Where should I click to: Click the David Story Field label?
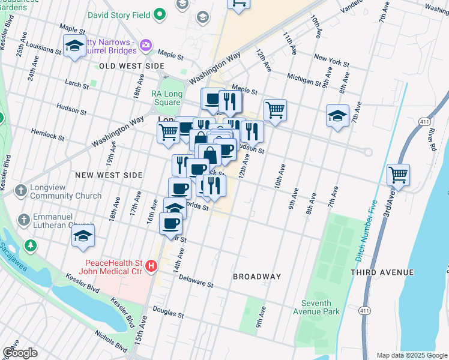tap(118, 14)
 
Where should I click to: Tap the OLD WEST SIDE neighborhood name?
tap(131, 65)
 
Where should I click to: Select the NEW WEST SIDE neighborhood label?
tap(109, 175)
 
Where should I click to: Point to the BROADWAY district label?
tap(257, 277)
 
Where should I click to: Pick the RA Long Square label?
tap(166, 98)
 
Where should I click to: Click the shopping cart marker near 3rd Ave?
tap(398, 175)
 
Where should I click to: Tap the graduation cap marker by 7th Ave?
tap(337, 115)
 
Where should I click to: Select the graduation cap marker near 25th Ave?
tap(74, 46)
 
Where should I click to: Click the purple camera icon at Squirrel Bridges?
tap(145, 46)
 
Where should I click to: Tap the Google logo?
tap(20, 352)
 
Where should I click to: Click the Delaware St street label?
tap(195, 282)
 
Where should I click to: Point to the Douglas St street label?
tap(167, 311)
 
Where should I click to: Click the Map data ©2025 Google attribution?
tap(411, 355)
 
